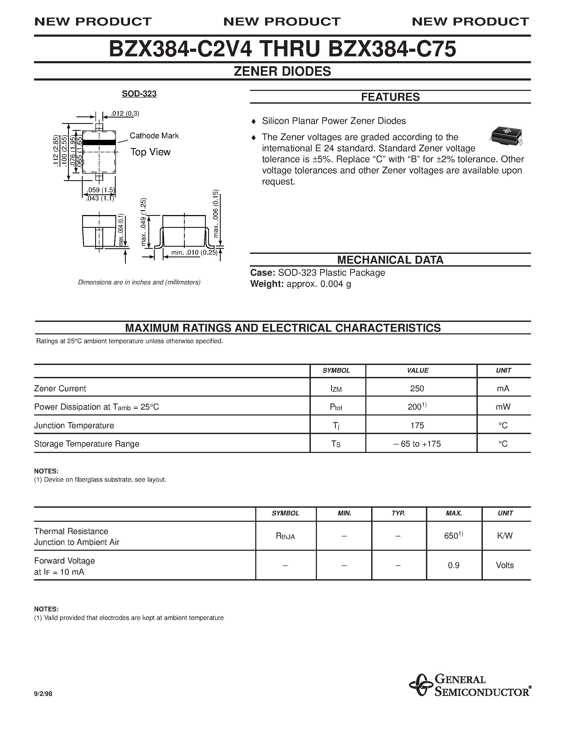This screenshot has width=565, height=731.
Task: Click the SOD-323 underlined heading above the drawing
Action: [x=139, y=94]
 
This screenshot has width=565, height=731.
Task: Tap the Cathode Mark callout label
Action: [x=154, y=136]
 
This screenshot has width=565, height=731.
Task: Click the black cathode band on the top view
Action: [x=99, y=142]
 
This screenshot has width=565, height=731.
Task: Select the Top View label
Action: [x=150, y=152]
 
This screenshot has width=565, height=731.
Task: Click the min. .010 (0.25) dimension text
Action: [x=194, y=252]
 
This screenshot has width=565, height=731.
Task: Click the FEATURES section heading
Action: [x=390, y=97]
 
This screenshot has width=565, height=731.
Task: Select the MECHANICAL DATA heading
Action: [x=390, y=260]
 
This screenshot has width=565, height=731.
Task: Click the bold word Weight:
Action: [x=267, y=284]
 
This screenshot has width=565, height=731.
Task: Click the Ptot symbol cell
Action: [x=336, y=407]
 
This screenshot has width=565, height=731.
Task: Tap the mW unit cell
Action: [x=503, y=407]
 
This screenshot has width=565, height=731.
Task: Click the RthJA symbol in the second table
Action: [x=285, y=536]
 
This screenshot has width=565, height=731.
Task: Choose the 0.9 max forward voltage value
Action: [x=454, y=565]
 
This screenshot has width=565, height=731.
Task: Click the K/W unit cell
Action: [x=505, y=536]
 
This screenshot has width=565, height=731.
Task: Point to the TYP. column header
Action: [x=398, y=513]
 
